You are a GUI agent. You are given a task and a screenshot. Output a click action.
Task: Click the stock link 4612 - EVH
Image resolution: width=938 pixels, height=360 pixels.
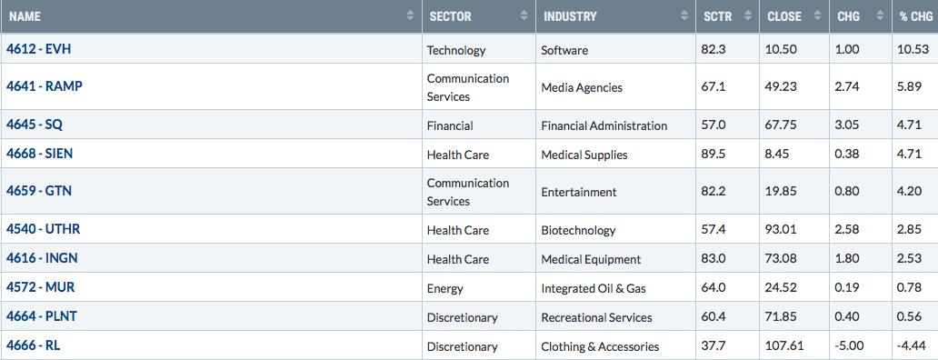tap(38, 49)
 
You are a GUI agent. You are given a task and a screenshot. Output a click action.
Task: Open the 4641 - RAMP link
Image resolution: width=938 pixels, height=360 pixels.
tap(45, 86)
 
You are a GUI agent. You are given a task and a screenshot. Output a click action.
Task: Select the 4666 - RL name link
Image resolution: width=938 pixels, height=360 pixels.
tap(33, 345)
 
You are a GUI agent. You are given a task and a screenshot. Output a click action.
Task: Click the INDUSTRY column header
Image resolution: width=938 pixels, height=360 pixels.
tap(570, 16)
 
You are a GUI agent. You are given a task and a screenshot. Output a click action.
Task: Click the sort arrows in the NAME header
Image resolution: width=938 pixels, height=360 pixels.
tap(410, 16)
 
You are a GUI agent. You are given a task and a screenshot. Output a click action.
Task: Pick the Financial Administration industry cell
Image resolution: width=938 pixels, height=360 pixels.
tap(604, 125)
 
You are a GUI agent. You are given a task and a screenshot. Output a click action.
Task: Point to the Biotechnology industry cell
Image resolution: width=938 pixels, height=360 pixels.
tap(578, 230)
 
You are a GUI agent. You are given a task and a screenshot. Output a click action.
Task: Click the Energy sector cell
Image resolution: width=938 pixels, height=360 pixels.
tap(445, 289)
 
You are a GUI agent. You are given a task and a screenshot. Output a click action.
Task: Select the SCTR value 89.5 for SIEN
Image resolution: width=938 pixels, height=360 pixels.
tap(713, 155)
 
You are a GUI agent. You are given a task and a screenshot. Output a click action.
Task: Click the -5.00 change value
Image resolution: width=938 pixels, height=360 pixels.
tap(850, 346)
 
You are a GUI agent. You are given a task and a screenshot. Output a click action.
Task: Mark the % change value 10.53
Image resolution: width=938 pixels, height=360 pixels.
tap(913, 50)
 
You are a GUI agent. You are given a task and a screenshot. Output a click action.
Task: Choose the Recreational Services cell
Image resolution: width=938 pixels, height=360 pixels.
tap(596, 317)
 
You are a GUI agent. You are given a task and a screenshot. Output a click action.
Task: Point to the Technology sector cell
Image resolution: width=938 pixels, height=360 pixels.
tap(456, 51)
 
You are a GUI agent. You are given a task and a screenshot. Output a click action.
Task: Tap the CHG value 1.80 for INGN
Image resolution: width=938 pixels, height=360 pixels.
tap(848, 259)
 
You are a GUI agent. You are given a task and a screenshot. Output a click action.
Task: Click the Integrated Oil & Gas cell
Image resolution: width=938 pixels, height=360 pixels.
tap(594, 288)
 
